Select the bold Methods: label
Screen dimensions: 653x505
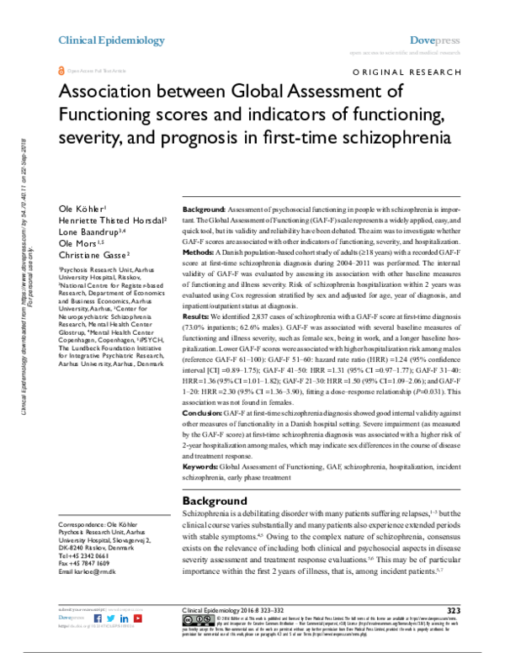tap(203, 273)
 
